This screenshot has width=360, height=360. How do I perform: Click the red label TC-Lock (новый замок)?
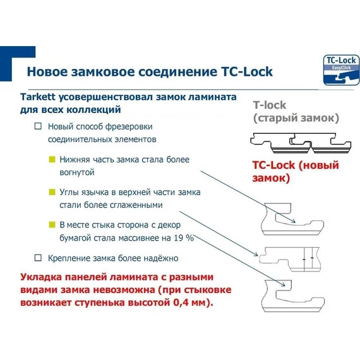pos(295,172)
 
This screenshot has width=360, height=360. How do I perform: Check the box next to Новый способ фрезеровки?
pos(39,126)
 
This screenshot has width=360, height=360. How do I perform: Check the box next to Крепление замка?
pos(39,258)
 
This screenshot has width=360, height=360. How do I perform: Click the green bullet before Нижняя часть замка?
pos(52,160)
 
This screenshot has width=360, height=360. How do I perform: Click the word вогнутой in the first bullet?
pos(77,172)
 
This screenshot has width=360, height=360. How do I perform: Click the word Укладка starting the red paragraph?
pos(43,277)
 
